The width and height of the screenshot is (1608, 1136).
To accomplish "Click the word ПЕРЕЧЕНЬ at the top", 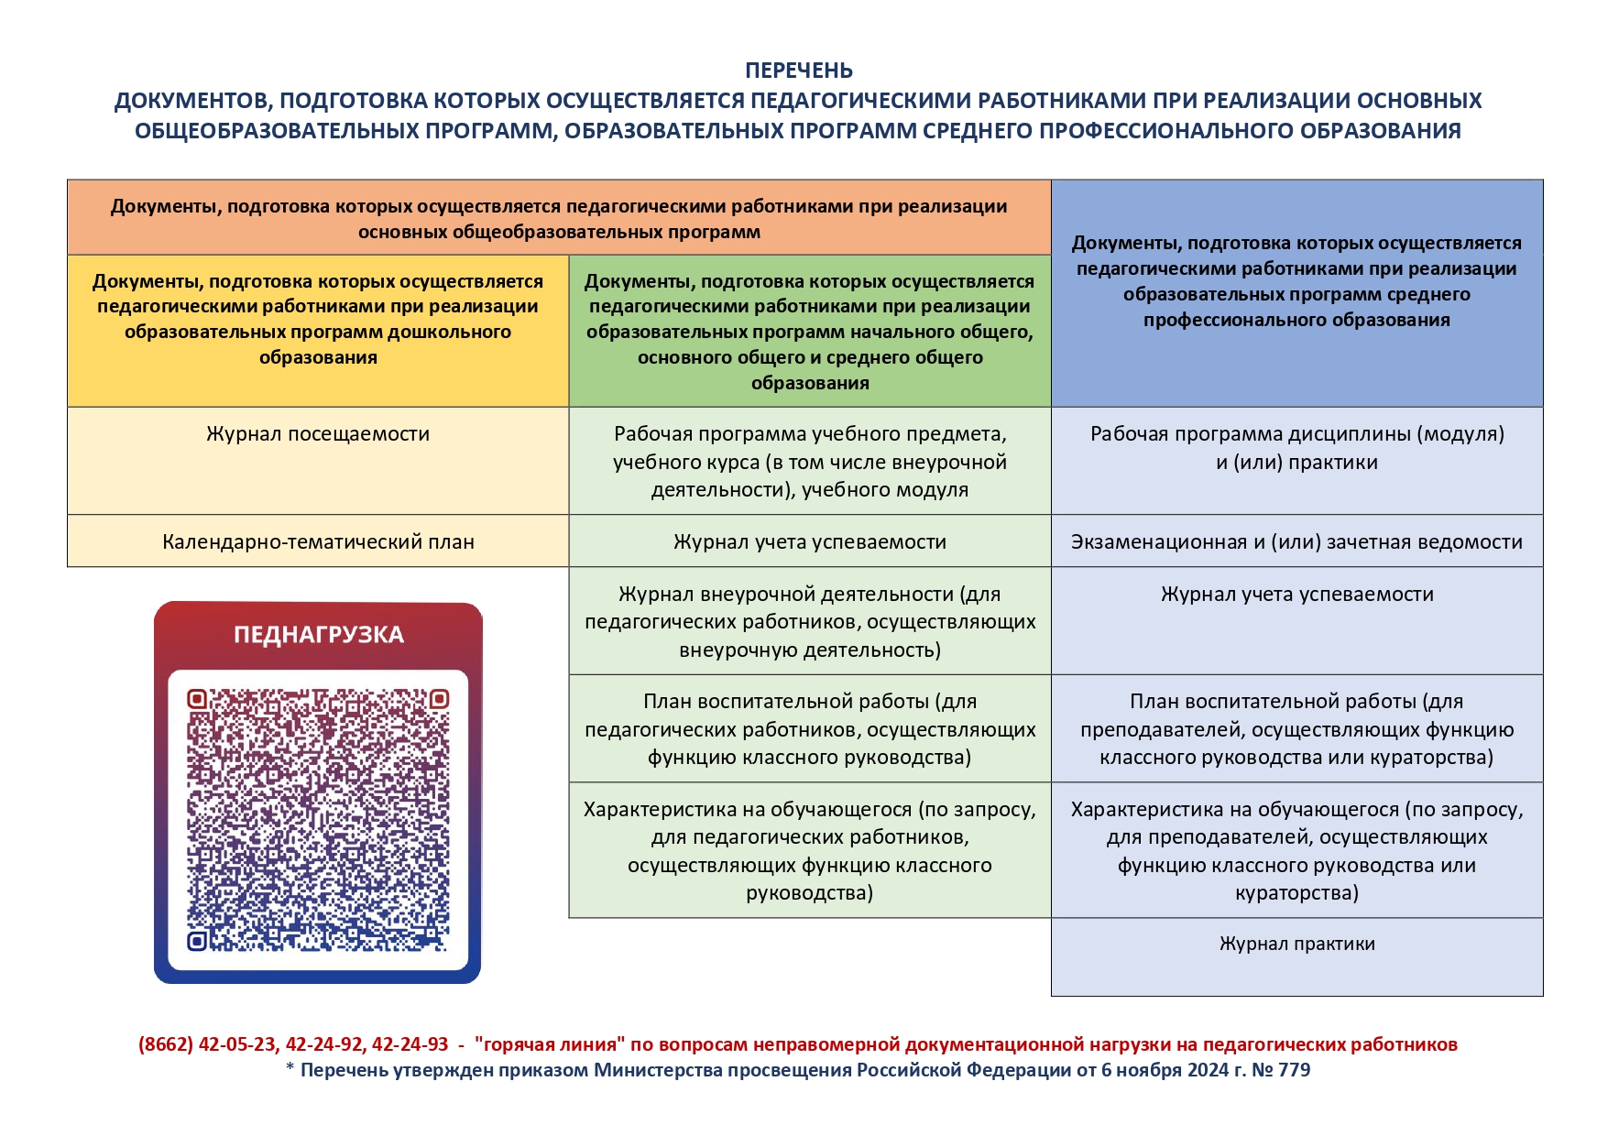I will tap(798, 71).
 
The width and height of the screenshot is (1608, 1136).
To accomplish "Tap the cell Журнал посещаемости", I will tap(317, 434).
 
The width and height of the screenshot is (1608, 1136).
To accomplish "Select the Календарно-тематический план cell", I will tap(318, 541).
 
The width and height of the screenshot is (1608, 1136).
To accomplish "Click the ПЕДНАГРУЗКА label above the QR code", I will tap(318, 634).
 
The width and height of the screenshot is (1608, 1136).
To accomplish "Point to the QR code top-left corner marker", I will tap(197, 700).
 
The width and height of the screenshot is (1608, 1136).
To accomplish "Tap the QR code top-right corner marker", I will tap(439, 700).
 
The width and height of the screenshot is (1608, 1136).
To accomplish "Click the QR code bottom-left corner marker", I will tap(197, 941).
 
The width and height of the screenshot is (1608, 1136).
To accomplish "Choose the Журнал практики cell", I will tap(1296, 945).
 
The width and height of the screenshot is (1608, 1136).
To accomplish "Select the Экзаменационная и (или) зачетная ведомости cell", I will tap(1296, 541).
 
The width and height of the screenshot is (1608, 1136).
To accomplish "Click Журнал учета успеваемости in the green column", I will tap(809, 541).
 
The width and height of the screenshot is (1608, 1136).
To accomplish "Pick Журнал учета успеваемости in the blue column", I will tap(1296, 595).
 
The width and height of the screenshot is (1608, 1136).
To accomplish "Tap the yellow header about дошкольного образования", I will tap(318, 319).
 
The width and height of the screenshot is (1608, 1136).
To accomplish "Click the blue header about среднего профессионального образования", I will tap(1296, 281).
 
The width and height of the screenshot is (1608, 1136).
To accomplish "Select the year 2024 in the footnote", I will tap(1209, 1070).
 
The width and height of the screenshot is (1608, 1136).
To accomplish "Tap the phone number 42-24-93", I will tap(410, 1044).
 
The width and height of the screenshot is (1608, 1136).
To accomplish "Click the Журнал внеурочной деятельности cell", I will tap(809, 622).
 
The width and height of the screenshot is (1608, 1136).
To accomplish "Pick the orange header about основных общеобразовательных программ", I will tap(559, 219).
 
